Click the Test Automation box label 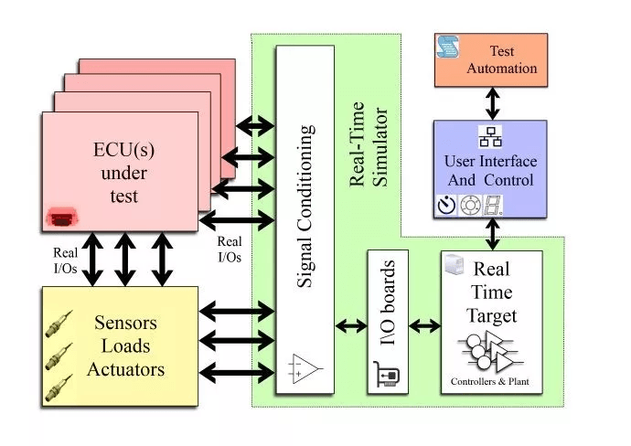pyautogui.click(x=501, y=59)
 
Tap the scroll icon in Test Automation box pyautogui.click(x=447, y=47)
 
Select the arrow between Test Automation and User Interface pyautogui.click(x=493, y=103)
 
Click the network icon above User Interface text pyautogui.click(x=490, y=137)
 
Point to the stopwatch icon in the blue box pyautogui.click(x=446, y=205)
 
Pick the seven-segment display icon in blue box pyautogui.click(x=493, y=205)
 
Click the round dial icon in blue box pyautogui.click(x=470, y=205)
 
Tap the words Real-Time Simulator pyautogui.click(x=369, y=144)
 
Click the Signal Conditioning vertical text pyautogui.click(x=305, y=207)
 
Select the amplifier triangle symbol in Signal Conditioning pyautogui.click(x=305, y=368)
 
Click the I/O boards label pyautogui.click(x=388, y=302)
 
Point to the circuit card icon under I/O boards pyautogui.click(x=386, y=374)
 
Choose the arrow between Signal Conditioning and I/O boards pyautogui.click(x=351, y=325)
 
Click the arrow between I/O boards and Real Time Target pyautogui.click(x=424, y=325)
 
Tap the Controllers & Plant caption pyautogui.click(x=490, y=382)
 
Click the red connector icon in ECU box pyautogui.click(x=62, y=218)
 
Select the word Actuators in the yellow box pyautogui.click(x=126, y=369)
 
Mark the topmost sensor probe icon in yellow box pyautogui.click(x=59, y=324)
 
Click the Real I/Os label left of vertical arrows pyautogui.click(x=65, y=260)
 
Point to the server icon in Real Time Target pyautogui.click(x=455, y=265)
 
